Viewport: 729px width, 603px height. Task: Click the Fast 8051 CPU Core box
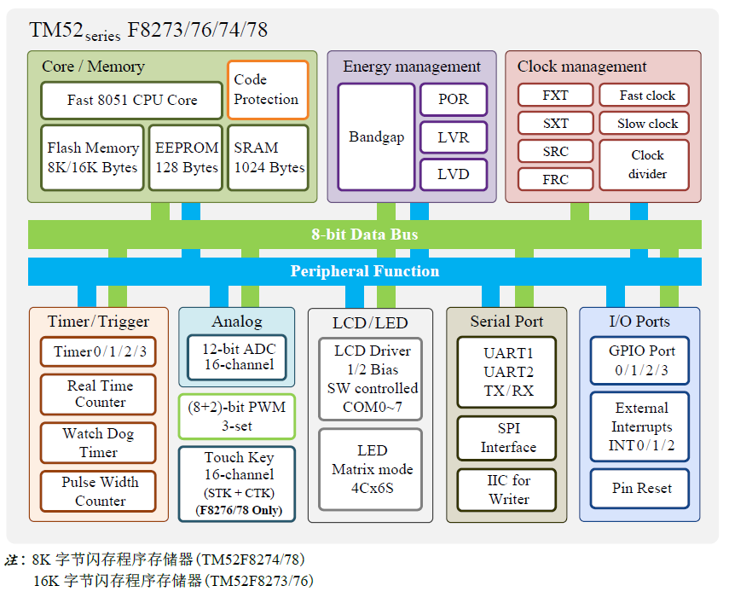click(131, 101)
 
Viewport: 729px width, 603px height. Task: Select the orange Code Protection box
click(267, 90)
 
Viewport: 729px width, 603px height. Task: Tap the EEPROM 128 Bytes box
click(187, 158)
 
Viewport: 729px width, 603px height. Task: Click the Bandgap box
click(376, 136)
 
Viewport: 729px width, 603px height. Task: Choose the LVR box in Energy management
click(454, 136)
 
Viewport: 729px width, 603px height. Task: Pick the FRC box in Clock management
click(555, 179)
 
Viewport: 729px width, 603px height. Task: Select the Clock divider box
click(647, 165)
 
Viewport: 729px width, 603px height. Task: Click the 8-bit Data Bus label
click(364, 234)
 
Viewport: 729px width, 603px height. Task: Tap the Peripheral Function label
click(364, 271)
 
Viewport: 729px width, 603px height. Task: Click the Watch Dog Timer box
click(99, 443)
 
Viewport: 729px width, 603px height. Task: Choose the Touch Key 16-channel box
click(238, 484)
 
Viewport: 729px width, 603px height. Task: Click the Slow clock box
click(647, 124)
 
